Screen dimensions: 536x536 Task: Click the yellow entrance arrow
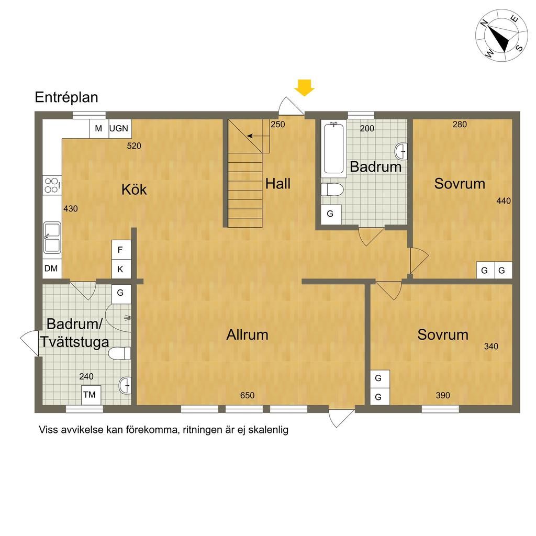304,88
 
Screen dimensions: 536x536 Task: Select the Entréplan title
66,97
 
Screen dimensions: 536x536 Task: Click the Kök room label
134,189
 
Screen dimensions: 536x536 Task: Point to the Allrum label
247,334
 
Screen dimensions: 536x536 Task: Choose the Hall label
278,184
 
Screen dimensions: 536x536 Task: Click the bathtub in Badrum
333,148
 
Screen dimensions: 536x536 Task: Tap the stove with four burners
52,186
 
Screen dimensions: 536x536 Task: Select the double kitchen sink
52,238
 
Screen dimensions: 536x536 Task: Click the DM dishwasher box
52,269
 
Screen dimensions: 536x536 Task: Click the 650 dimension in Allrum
247,396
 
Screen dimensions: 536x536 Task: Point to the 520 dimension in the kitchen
134,146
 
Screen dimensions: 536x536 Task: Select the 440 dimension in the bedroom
504,200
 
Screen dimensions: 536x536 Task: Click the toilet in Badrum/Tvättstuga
120,353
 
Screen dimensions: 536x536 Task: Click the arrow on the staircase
258,136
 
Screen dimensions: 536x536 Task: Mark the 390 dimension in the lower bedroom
443,396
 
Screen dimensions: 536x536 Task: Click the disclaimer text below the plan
163,430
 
